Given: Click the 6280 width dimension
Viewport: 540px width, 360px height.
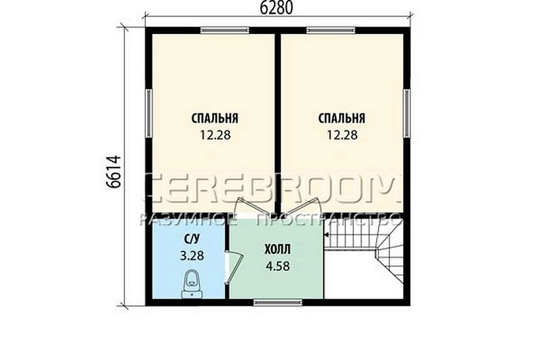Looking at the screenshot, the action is tap(276, 8).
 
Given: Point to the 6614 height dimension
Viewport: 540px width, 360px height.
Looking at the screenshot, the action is tap(114, 171).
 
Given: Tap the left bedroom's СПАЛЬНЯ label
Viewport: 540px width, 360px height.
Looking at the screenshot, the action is tap(215, 118).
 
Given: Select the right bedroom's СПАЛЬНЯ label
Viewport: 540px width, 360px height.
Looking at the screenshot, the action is tap(341, 118).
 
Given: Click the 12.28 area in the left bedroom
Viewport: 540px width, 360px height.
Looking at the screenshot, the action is tap(215, 135).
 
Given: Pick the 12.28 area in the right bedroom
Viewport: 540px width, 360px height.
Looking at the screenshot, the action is tap(342, 135).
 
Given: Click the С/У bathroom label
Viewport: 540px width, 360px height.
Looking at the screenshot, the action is tap(192, 238).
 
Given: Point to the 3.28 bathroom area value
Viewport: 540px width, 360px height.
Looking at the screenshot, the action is tap(192, 255).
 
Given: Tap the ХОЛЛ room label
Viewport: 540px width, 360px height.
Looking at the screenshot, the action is tap(278, 249).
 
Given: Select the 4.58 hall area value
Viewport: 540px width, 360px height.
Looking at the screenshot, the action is tap(278, 266).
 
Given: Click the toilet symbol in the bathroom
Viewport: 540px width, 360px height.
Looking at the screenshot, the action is tap(192, 285).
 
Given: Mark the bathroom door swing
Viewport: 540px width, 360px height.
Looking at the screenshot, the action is tap(234, 268).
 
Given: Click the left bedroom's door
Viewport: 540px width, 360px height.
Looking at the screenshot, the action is tap(254, 206).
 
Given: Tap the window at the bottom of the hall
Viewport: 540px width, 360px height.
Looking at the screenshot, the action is tap(278, 302).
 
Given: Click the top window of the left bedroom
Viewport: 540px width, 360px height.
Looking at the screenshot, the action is tap(225, 30).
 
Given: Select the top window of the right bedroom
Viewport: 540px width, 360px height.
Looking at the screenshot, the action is tap(331, 30).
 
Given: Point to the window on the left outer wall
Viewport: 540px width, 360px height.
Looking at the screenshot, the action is tap(149, 113).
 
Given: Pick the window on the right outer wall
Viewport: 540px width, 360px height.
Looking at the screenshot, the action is tap(406, 113).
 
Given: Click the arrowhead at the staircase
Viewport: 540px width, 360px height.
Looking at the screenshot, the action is tap(326, 235).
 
